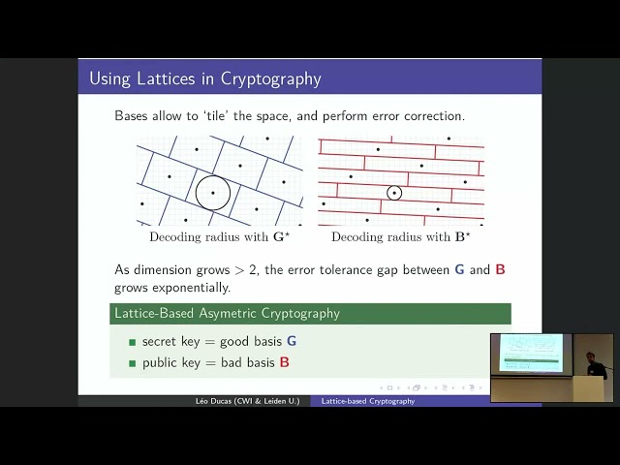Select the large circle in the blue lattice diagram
(x=212, y=193)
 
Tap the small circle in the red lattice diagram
(x=394, y=193)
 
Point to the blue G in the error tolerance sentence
(x=459, y=269)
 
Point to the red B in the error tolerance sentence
(x=500, y=269)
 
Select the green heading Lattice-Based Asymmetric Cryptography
(x=227, y=313)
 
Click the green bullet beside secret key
(x=133, y=342)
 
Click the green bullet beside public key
(x=133, y=363)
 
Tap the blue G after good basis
(x=292, y=341)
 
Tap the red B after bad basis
(x=285, y=362)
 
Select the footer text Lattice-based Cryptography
(x=368, y=401)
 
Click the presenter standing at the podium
(x=595, y=366)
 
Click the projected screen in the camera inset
(x=530, y=353)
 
